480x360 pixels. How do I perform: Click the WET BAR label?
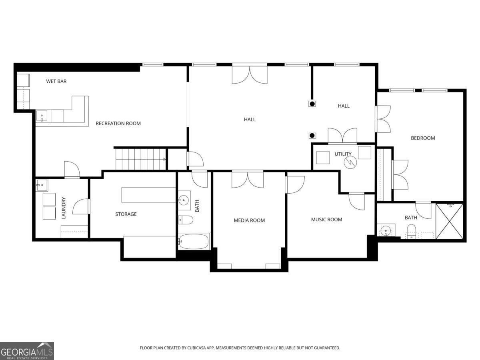(x=56, y=81)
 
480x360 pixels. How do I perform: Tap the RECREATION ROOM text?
(x=118, y=123)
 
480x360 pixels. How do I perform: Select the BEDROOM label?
(x=423, y=138)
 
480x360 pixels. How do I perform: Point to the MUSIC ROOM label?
(x=326, y=219)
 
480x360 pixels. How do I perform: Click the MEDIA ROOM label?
(x=249, y=220)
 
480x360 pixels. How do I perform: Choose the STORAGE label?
(x=126, y=214)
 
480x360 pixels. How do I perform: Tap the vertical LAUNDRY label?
(x=63, y=208)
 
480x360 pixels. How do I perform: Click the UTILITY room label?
(x=343, y=154)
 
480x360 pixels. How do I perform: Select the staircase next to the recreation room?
(x=140, y=159)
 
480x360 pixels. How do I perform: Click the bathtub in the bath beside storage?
(x=194, y=242)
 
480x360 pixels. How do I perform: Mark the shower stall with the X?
(x=449, y=221)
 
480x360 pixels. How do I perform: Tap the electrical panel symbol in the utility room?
(x=350, y=162)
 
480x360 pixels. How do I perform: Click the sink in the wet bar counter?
(x=42, y=117)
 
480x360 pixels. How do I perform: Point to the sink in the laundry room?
(x=42, y=185)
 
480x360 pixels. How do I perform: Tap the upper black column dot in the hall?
(x=312, y=104)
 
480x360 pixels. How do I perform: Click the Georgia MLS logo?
(x=27, y=351)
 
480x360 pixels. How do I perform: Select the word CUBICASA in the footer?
(x=197, y=348)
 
